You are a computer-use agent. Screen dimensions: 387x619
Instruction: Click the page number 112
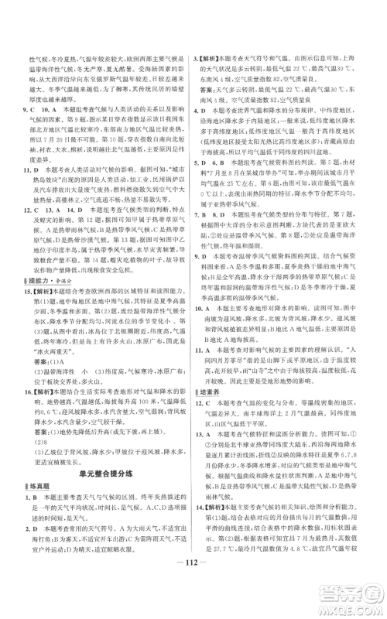point(193,585)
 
